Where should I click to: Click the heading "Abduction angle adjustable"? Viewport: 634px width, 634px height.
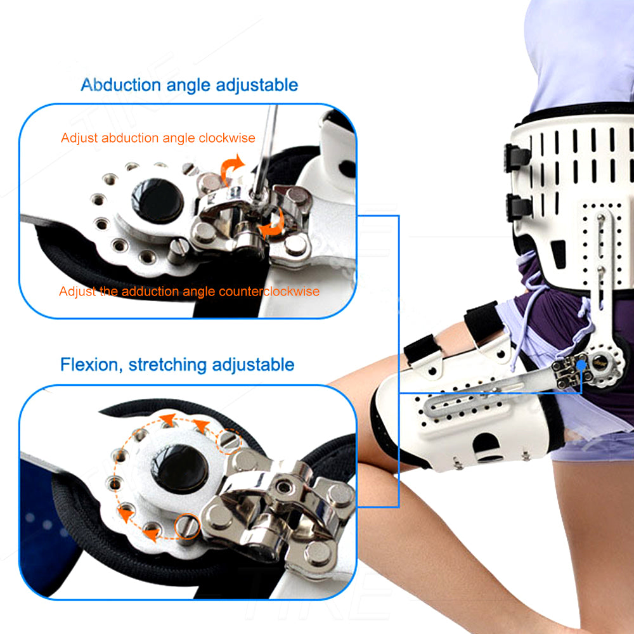point(190,85)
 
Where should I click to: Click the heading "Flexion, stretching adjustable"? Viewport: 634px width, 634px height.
point(178,365)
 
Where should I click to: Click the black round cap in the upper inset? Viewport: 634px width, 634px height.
point(158,200)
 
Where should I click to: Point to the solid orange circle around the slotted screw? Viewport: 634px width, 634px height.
point(186,526)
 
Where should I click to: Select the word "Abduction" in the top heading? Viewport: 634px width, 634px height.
point(113,85)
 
